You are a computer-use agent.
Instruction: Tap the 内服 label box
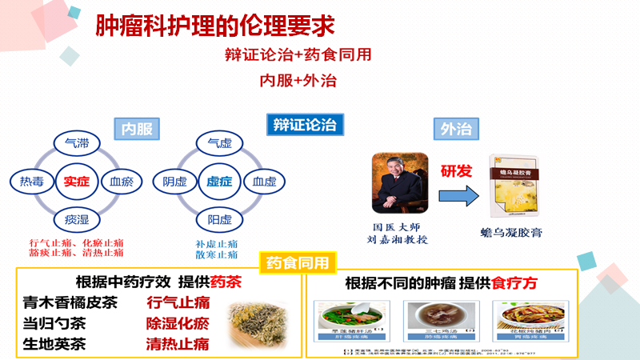tap(137, 128)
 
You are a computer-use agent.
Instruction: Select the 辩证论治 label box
tap(303, 124)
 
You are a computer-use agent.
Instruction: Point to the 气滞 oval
tap(77, 145)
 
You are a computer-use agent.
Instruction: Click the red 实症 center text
tap(77, 182)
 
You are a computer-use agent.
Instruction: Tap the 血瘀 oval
tap(122, 182)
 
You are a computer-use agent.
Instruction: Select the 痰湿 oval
tap(77, 218)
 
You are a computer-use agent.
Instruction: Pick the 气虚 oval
tap(219, 145)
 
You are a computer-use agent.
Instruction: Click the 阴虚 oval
tap(174, 182)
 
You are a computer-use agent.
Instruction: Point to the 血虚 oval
tap(264, 182)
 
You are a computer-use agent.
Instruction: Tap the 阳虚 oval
tap(219, 218)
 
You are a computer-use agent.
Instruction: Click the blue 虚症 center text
tap(219, 182)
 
